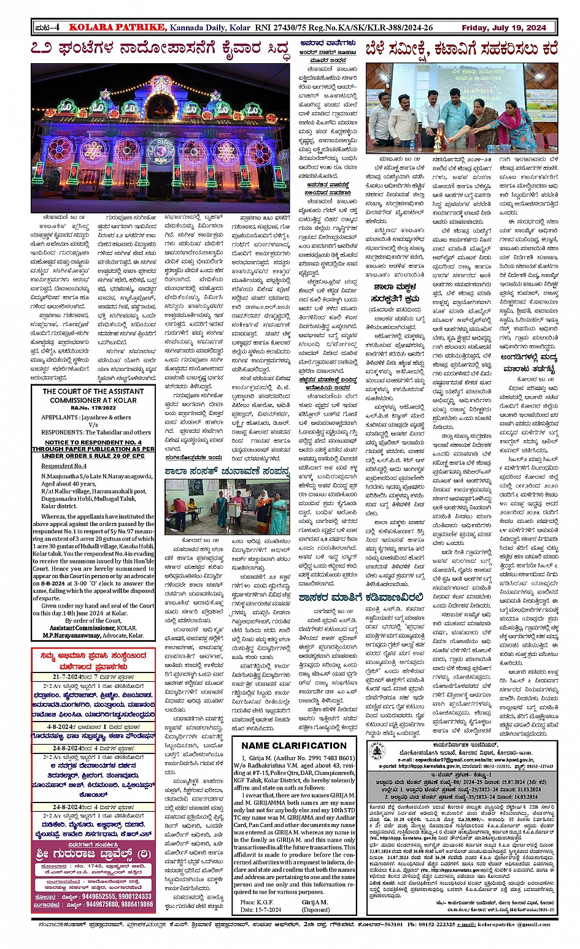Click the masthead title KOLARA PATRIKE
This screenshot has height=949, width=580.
tap(117, 27)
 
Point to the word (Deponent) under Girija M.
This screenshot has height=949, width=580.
tap(315, 910)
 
